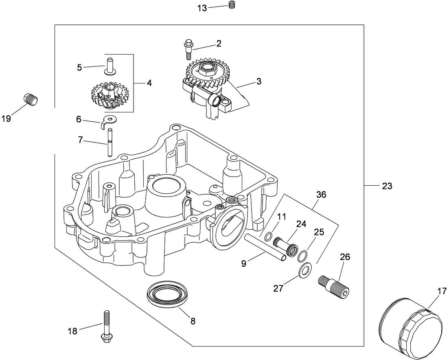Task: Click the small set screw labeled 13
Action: [233, 5]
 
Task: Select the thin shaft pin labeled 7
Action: [110, 142]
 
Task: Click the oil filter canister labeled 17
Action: [411, 328]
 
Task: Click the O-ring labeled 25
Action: [302, 257]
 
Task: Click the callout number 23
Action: [387, 186]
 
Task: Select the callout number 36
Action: [321, 195]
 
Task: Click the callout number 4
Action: [149, 83]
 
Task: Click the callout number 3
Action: [259, 81]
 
